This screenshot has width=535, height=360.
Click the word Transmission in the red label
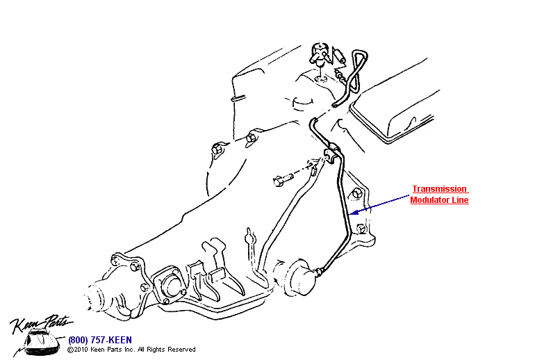pyautogui.click(x=439, y=189)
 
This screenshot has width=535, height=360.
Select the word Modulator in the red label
pyautogui.click(x=429, y=200)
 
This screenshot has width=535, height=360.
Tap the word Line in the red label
pyautogui.click(x=460, y=200)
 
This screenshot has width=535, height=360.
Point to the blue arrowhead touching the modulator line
pyautogui.click(x=354, y=212)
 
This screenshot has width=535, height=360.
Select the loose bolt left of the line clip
pyautogui.click(x=283, y=179)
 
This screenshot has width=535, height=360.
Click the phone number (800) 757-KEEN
pyautogui.click(x=100, y=340)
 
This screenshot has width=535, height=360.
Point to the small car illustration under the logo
pyautogui.click(x=41, y=341)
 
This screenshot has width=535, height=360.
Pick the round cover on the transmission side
pyautogui.click(x=170, y=286)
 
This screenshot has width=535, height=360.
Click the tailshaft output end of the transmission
pyautogui.click(x=99, y=296)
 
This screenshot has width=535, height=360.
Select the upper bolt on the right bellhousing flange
pyautogui.click(x=356, y=193)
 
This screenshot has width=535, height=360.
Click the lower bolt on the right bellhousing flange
pyautogui.click(x=361, y=228)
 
